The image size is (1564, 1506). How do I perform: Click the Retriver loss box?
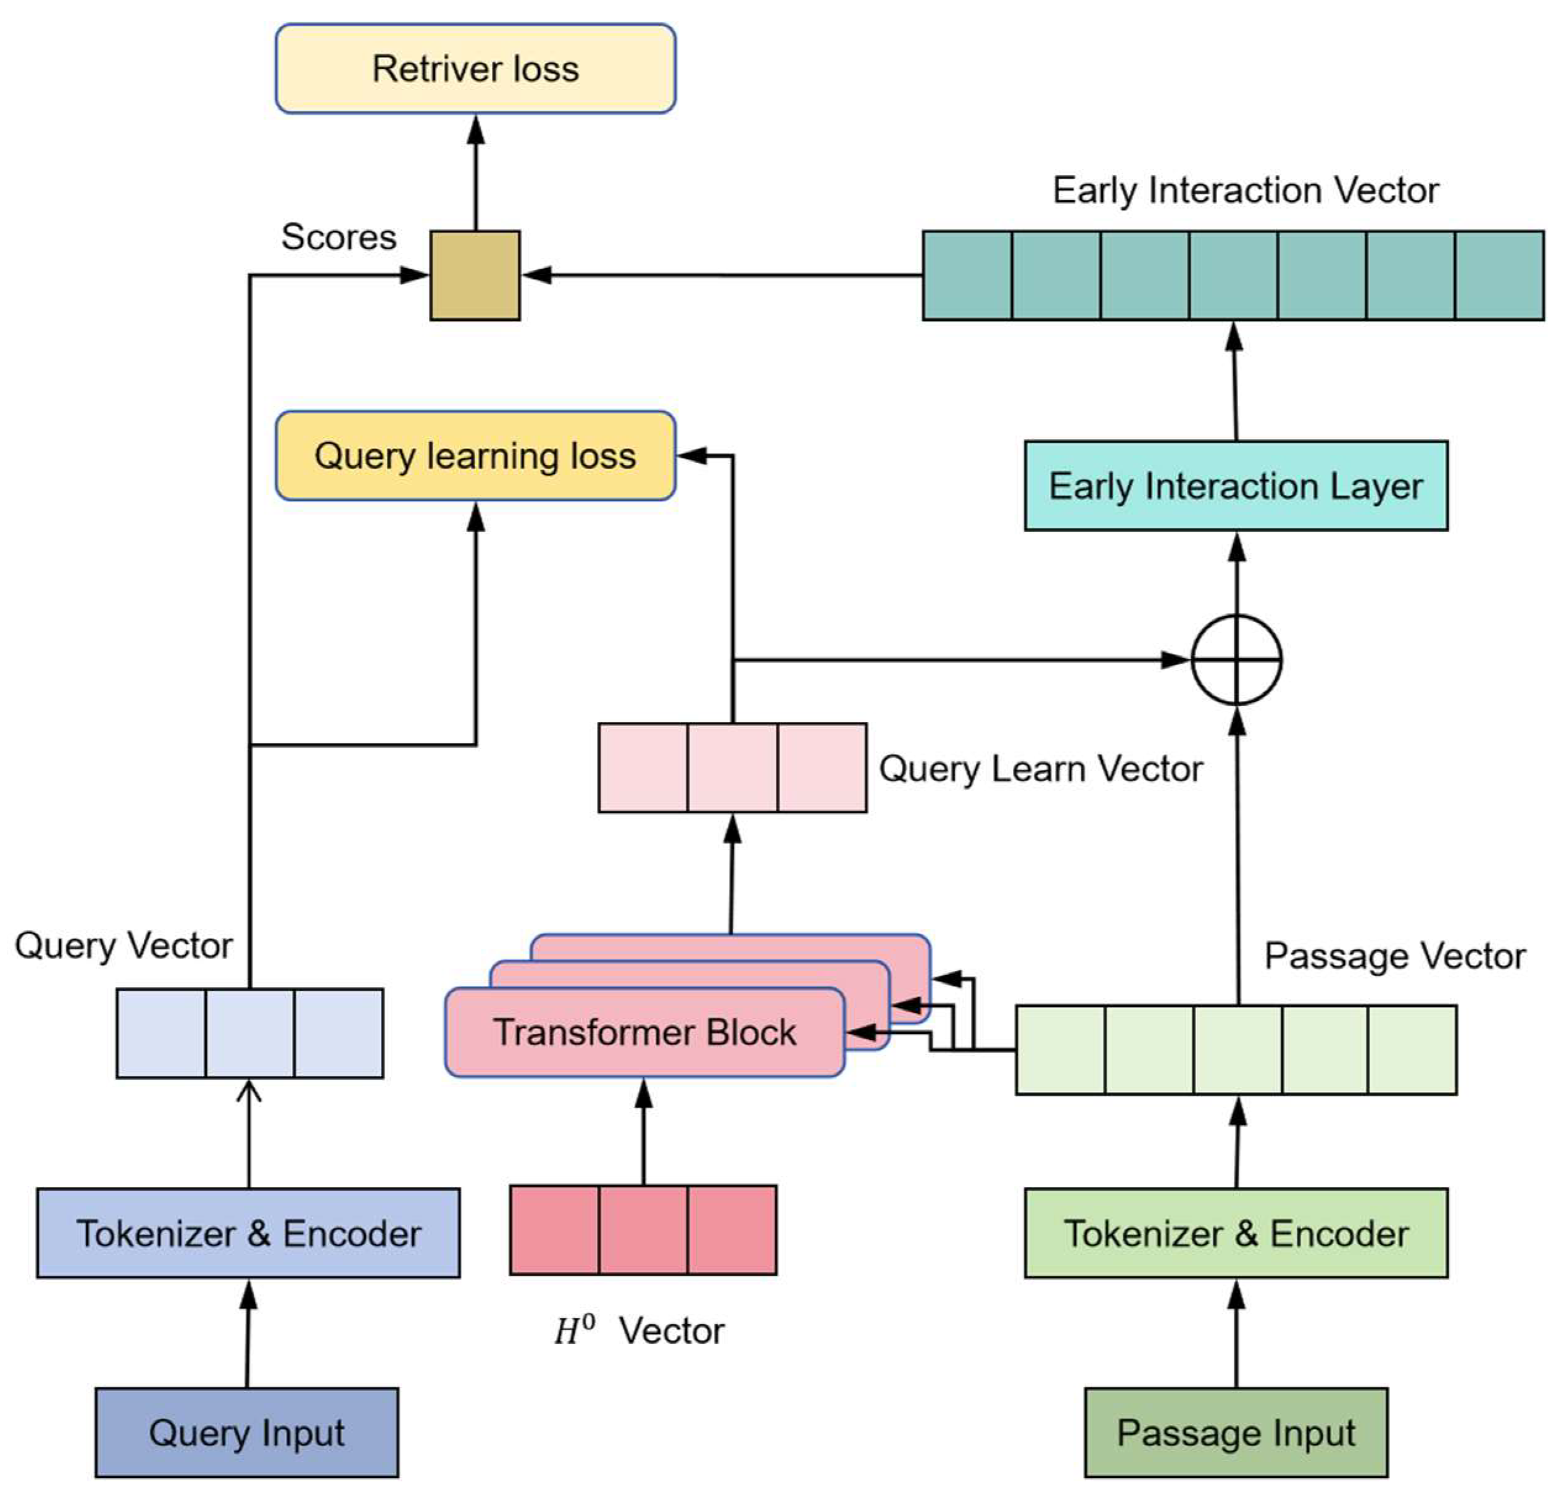pyautogui.click(x=476, y=68)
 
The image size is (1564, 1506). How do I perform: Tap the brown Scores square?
pyautogui.click(x=475, y=276)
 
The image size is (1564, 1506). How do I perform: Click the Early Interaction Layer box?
pyautogui.click(x=1236, y=486)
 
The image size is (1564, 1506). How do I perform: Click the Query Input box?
pyautogui.click(x=246, y=1433)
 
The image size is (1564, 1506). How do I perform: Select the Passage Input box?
pyautogui.click(x=1236, y=1433)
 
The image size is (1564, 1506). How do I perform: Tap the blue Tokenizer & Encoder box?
pyautogui.click(x=248, y=1233)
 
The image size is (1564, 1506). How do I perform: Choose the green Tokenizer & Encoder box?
pyautogui.click(x=1236, y=1233)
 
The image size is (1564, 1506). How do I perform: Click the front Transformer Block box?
pyautogui.click(x=645, y=1032)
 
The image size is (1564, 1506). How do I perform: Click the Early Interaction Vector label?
pyautogui.click(x=1246, y=190)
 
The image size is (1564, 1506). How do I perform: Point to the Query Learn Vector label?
pyautogui.click(x=1041, y=769)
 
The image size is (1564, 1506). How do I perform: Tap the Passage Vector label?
pyautogui.click(x=1395, y=956)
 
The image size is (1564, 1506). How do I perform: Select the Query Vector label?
pyautogui.click(x=123, y=946)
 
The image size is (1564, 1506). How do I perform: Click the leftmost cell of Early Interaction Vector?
pyautogui.click(x=967, y=276)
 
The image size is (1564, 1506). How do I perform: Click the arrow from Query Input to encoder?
pyautogui.click(x=247, y=1334)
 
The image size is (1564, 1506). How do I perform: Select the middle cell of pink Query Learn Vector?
pyautogui.click(x=733, y=768)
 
